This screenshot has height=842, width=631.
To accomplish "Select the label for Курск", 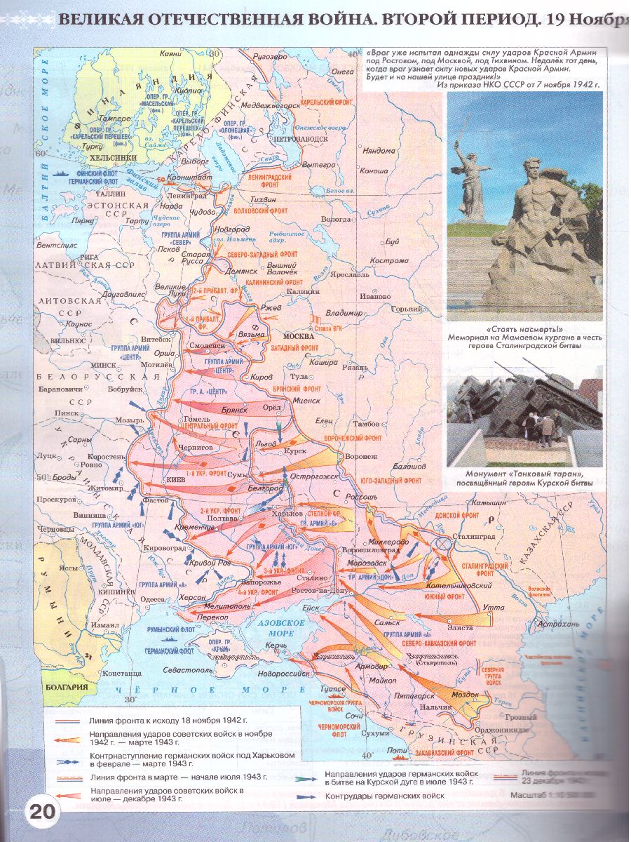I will click(x=299, y=450).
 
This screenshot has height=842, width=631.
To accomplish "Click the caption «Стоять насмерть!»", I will click(x=524, y=328).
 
